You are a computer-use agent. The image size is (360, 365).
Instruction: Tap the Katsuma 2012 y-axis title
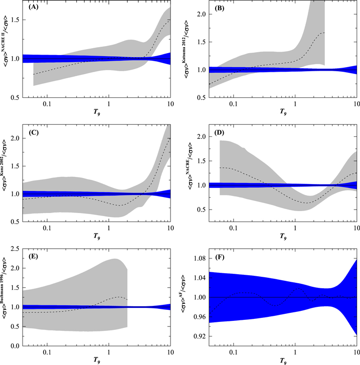pyautogui.click(x=191, y=52)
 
